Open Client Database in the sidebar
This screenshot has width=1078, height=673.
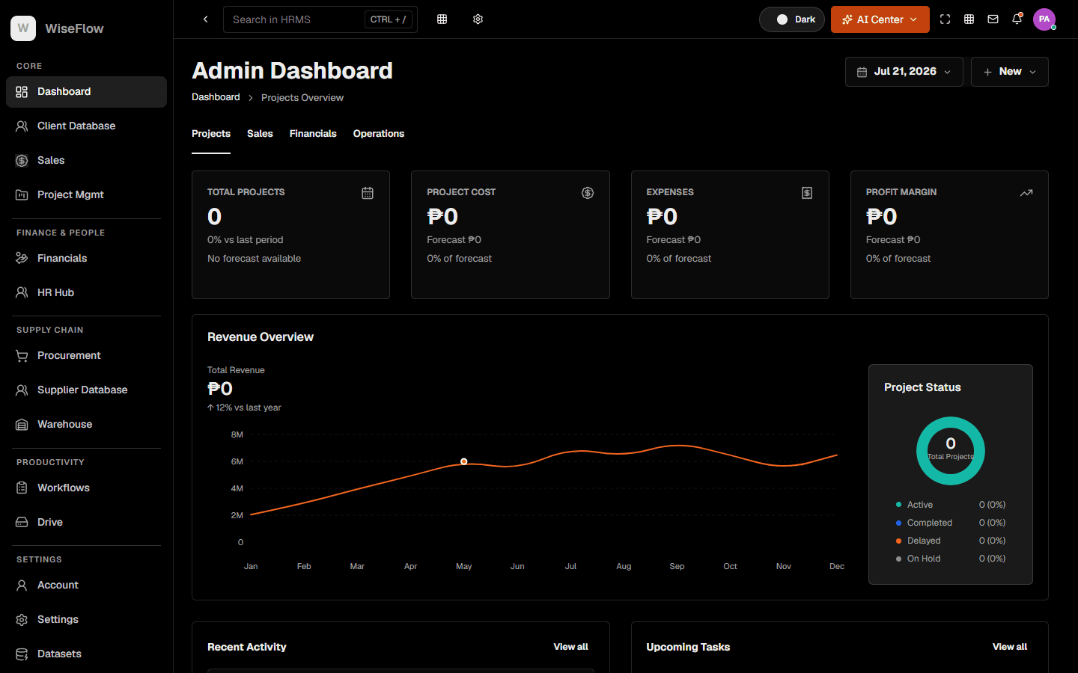[76, 126]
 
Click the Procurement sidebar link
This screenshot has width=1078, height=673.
[69, 356]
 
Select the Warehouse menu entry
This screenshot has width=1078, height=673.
[64, 425]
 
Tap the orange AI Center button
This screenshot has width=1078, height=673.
[880, 19]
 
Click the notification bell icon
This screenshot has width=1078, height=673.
[1017, 19]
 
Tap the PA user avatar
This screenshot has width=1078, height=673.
[1044, 19]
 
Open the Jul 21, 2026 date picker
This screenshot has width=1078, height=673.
[904, 72]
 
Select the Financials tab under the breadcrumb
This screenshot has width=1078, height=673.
[313, 134]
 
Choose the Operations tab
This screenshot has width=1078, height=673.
[379, 134]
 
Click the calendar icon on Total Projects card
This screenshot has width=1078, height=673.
[367, 193]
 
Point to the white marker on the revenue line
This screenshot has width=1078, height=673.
[463, 461]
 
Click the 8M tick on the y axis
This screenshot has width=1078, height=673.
[237, 434]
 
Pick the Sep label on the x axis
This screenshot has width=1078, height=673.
[677, 566]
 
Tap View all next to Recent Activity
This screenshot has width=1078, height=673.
[570, 647]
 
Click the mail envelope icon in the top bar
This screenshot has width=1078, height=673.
[993, 19]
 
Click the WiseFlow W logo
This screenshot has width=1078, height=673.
[23, 28]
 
